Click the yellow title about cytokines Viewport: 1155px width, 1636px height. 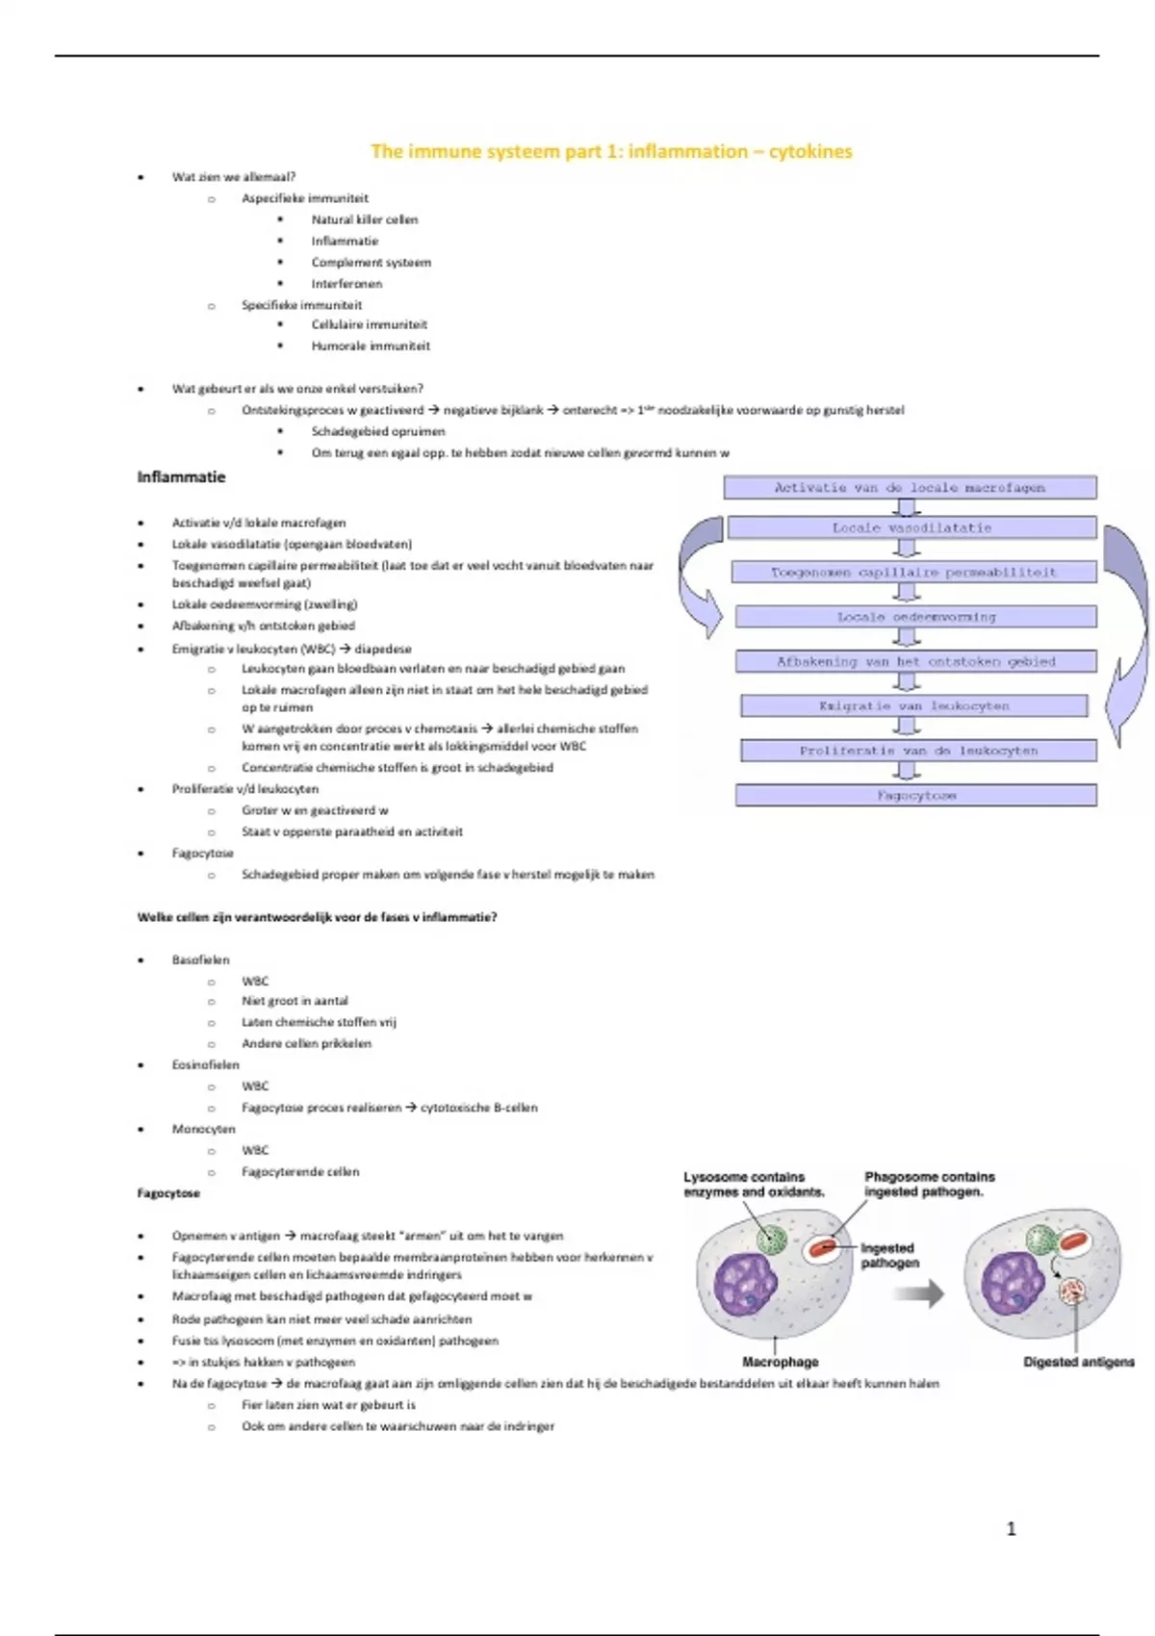pos(611,151)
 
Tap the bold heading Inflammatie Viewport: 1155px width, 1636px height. pos(181,477)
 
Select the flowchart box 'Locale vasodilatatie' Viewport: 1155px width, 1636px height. pos(911,527)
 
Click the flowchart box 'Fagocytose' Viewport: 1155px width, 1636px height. pos(915,795)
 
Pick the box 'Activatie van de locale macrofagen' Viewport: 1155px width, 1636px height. pos(910,488)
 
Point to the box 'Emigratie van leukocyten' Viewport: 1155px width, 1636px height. pos(913,705)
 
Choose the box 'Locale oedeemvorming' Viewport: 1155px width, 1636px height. pos(915,617)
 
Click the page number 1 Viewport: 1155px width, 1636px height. pos(1011,1528)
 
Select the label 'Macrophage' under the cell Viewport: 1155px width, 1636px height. pos(780,1362)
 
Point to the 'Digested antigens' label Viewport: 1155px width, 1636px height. pos(1078,1362)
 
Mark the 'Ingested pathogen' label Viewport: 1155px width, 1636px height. pos(889,1255)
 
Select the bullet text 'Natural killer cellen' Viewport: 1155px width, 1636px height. pos(364,219)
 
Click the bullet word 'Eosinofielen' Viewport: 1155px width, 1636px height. pos(205,1064)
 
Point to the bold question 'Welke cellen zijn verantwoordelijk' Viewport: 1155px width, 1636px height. pos(317,917)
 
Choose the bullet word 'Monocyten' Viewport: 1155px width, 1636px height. pos(203,1129)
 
